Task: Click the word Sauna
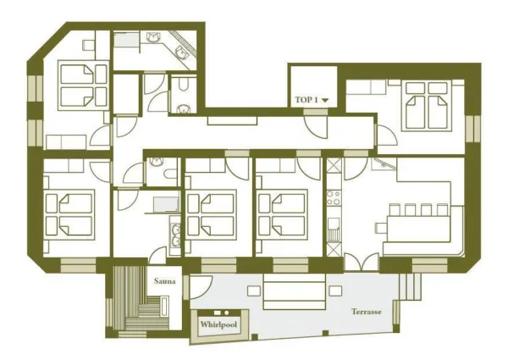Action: (x=163, y=280)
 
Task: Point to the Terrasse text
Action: (x=367, y=312)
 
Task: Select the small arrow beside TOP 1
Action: (x=323, y=101)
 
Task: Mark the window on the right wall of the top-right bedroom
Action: (x=469, y=124)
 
